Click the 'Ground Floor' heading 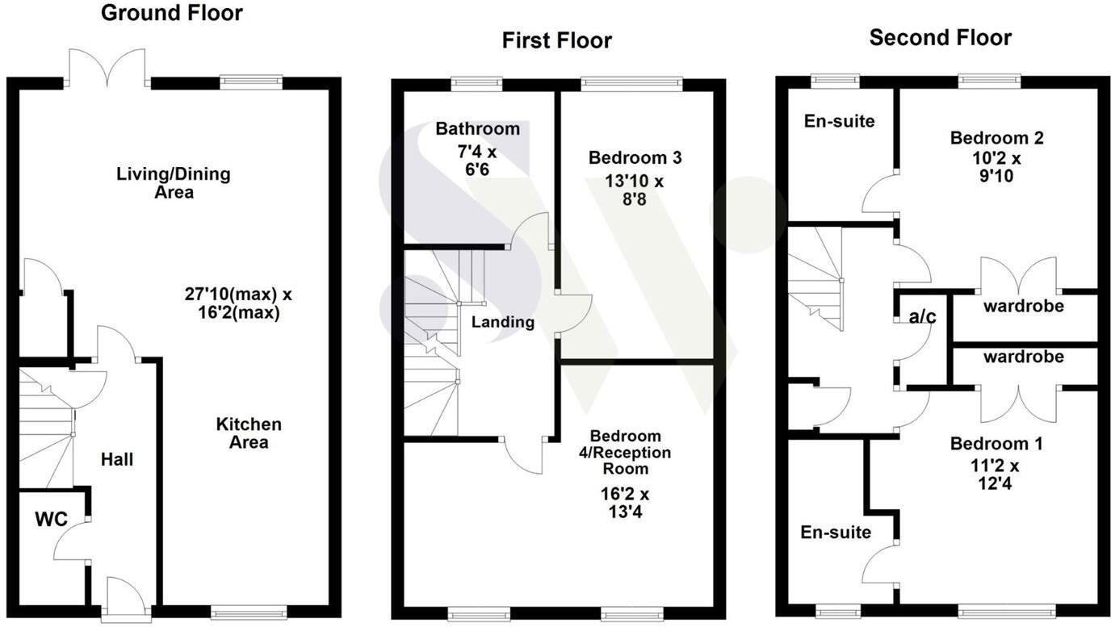tap(171, 13)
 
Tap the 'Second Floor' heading tap(940, 37)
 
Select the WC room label tap(50, 519)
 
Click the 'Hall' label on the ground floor tap(117, 460)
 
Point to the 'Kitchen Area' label tap(249, 433)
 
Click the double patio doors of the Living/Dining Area tap(107, 69)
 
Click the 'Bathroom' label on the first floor tap(477, 128)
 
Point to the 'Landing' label tap(503, 322)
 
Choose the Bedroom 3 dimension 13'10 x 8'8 tap(634, 190)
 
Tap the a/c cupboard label tap(923, 317)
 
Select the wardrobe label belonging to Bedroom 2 tap(1023, 307)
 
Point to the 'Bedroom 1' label tap(996, 443)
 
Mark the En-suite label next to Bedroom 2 tap(839, 121)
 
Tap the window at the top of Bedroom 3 tap(631, 82)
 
